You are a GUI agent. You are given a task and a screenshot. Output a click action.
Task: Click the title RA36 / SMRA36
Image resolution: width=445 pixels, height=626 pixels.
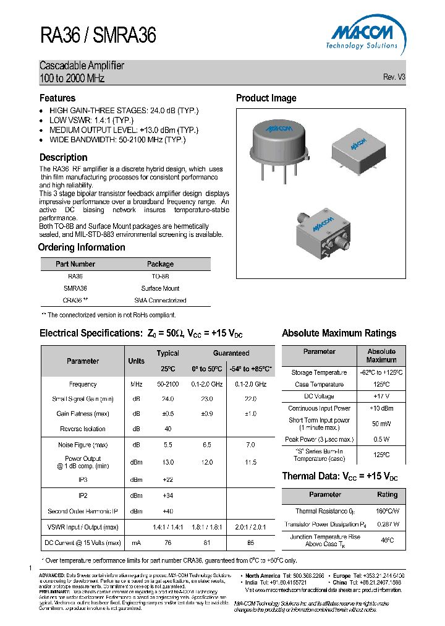click(x=98, y=36)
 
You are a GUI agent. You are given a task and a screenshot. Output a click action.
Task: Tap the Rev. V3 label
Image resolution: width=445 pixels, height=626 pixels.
click(x=394, y=77)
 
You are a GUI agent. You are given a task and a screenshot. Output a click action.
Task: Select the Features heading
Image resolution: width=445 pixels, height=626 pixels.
click(x=57, y=98)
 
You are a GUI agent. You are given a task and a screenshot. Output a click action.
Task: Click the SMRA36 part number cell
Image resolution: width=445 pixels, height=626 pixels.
click(x=75, y=288)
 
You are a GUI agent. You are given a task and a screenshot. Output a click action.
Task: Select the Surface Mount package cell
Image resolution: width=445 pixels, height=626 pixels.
click(x=160, y=288)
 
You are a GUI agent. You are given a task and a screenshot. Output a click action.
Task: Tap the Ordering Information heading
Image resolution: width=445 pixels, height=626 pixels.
click(x=82, y=247)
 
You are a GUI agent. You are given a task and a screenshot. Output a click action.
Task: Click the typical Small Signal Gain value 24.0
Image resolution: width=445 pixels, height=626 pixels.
click(x=167, y=399)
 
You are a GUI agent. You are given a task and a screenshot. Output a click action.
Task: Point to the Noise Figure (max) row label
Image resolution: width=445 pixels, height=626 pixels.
click(x=83, y=445)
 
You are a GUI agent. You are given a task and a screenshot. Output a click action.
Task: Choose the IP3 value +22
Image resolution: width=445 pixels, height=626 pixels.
click(x=167, y=479)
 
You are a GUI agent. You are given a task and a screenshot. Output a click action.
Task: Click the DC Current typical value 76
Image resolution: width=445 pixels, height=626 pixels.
click(x=167, y=542)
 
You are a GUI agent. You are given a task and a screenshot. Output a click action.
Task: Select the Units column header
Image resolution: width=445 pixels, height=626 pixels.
click(x=136, y=361)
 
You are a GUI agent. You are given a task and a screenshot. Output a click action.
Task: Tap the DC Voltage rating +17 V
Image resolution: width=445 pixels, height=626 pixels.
click(x=381, y=396)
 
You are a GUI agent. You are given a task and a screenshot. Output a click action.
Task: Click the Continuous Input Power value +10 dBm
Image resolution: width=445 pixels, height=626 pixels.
click(x=381, y=408)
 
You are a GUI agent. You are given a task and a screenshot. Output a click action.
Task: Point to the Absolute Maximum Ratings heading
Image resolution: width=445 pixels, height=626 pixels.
click(x=339, y=333)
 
